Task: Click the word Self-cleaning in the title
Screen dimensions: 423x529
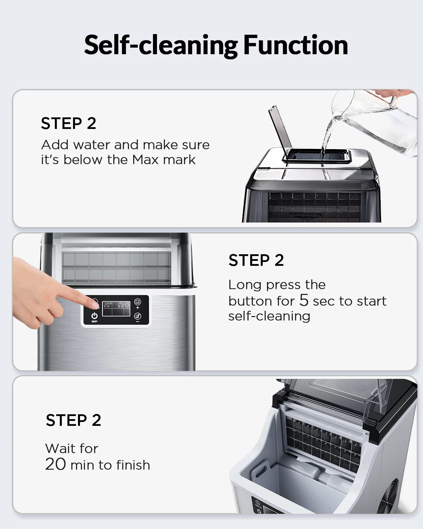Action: pos(161,46)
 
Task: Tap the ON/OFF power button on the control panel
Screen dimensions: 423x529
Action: pos(95,316)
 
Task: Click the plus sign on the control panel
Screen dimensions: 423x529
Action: pos(138,307)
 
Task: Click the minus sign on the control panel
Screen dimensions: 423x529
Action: pos(138,321)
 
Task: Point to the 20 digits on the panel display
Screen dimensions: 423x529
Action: pos(107,305)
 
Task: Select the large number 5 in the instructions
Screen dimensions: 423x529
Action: pos(304,300)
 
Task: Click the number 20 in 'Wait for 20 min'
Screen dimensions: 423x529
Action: pos(56,464)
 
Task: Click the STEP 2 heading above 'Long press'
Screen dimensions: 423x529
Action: pos(256,260)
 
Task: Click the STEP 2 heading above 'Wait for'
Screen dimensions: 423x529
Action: pos(73,420)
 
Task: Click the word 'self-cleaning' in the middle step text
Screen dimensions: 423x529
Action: pos(269,316)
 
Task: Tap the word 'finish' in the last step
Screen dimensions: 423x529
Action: pos(133,465)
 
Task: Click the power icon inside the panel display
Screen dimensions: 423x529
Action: pos(127,305)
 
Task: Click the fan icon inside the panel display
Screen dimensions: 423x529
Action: pos(120,305)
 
